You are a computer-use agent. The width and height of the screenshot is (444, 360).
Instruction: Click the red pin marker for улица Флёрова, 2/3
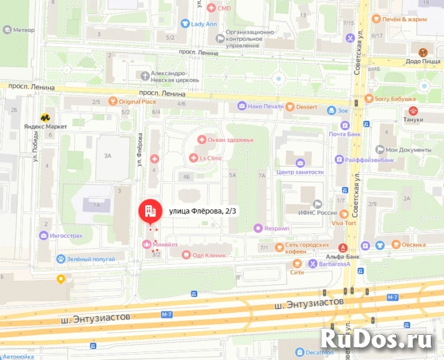[x=150, y=211]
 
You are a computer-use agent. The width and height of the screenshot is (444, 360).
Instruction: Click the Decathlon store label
[x=317, y=352]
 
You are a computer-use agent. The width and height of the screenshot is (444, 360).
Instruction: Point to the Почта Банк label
[x=361, y=134]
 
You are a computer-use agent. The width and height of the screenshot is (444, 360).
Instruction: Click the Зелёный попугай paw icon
[x=61, y=258]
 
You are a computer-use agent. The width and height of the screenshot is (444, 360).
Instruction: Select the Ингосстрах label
[x=67, y=236]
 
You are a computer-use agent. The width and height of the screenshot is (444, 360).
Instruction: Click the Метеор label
[x=23, y=29]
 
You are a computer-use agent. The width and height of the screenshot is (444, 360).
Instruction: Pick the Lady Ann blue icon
[x=185, y=24]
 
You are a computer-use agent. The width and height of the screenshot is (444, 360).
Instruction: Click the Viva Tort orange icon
[x=344, y=214]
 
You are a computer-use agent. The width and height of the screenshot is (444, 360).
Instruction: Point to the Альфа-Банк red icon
[x=343, y=247]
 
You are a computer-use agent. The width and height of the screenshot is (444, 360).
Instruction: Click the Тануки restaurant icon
[x=413, y=111]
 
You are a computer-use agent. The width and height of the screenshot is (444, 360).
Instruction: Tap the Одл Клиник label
[x=209, y=255]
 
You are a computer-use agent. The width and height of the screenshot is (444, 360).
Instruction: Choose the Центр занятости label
[x=299, y=172]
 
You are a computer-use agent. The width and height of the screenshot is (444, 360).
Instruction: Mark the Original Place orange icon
[x=112, y=101]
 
